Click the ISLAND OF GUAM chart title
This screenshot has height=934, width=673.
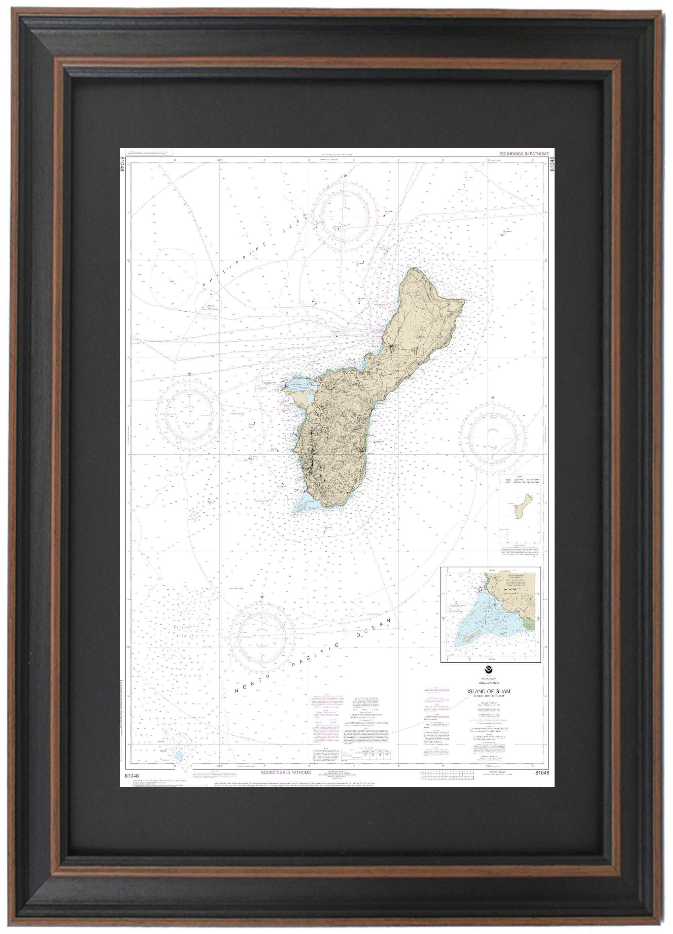(488, 691)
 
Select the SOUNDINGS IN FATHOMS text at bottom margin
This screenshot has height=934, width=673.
(286, 772)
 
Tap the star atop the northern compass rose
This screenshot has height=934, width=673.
(345, 176)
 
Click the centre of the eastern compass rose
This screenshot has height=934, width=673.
(492, 437)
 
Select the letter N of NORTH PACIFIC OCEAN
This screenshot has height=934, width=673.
(237, 691)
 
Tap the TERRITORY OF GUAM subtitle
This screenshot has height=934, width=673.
(488, 696)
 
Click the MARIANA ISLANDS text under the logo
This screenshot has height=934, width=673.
(489, 683)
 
